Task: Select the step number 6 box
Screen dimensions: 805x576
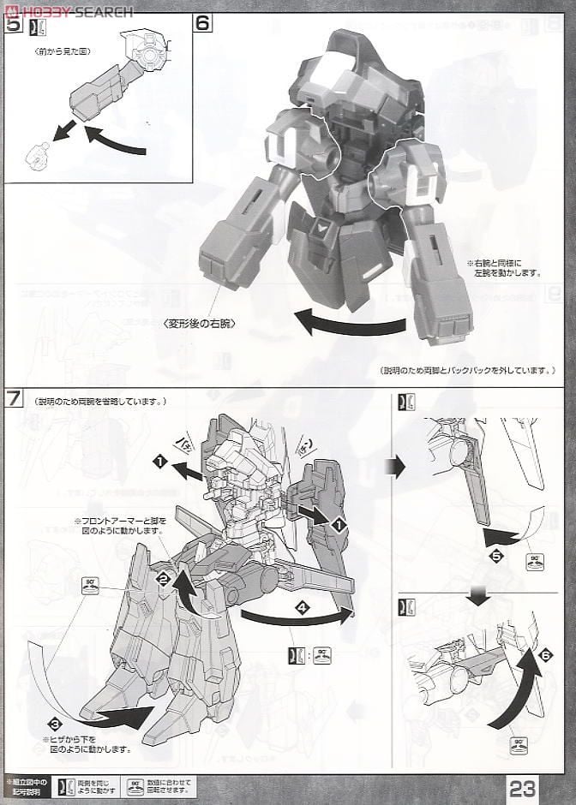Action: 202,24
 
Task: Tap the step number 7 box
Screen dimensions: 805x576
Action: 13,399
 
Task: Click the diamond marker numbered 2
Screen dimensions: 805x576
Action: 162,579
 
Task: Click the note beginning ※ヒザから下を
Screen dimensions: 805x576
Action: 87,742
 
